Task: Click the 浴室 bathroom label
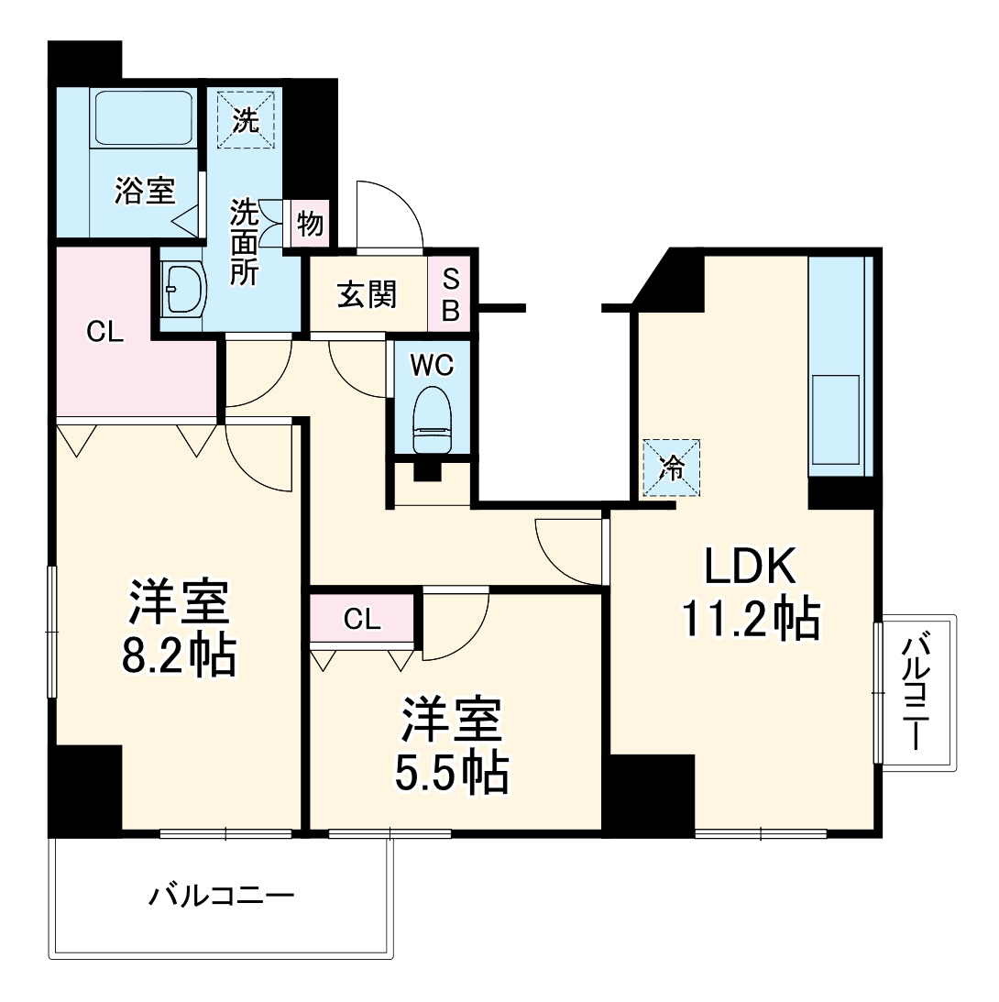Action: pos(144,192)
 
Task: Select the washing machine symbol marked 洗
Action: pos(245,119)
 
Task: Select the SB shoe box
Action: pos(450,295)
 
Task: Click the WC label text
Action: pos(431,365)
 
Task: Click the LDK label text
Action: pos(748,568)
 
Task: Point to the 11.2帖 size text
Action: pos(749,621)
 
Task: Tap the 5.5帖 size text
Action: pos(451,772)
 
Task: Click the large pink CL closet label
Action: pos(104,333)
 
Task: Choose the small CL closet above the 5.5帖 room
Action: pos(362,620)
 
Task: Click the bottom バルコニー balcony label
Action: pos(222,895)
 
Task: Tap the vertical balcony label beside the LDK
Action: pos(916,694)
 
